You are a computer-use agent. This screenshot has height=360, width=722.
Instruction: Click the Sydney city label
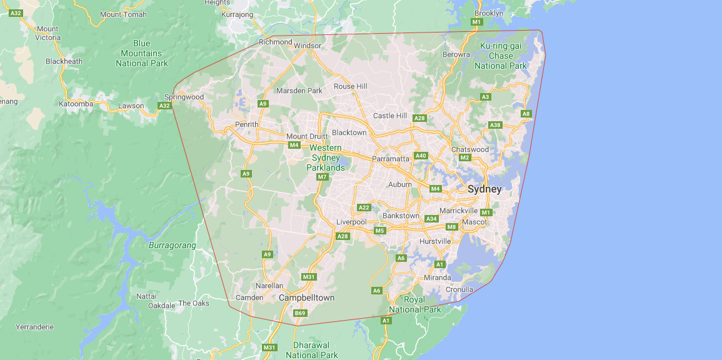click(x=484, y=189)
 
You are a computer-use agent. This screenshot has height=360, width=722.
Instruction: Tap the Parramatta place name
click(x=390, y=159)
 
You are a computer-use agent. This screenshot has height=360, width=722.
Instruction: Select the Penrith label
click(x=246, y=124)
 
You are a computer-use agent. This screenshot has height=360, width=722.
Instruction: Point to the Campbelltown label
click(x=306, y=297)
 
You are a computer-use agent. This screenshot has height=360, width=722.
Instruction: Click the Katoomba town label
click(x=76, y=104)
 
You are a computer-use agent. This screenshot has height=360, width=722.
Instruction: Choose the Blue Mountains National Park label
click(x=141, y=53)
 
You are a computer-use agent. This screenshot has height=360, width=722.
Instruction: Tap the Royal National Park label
click(x=414, y=304)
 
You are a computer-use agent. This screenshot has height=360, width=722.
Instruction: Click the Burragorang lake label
click(x=173, y=245)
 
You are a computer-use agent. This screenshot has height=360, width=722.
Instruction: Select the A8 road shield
click(x=526, y=114)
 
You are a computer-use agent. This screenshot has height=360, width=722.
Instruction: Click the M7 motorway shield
click(x=322, y=177)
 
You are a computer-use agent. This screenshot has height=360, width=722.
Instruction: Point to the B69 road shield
click(x=300, y=313)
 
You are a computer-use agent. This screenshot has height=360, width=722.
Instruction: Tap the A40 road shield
click(x=421, y=156)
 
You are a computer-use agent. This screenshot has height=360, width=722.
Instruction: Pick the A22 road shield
click(x=364, y=207)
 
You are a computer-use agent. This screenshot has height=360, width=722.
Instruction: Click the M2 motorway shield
click(x=464, y=157)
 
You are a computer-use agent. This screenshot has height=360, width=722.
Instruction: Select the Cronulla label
click(x=459, y=289)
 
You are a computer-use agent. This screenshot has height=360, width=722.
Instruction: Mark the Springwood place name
click(x=184, y=97)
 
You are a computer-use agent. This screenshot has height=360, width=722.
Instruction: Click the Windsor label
click(x=308, y=46)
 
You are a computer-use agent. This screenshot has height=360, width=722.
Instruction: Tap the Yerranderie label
click(x=34, y=327)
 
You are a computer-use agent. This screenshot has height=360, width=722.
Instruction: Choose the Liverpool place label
click(x=351, y=222)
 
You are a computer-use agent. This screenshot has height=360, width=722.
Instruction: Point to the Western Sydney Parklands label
click(x=326, y=157)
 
